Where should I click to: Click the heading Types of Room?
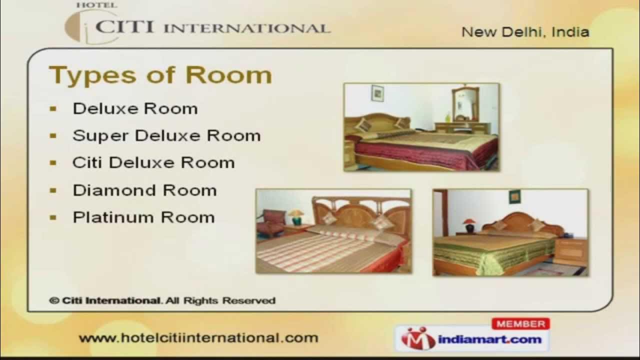coord(160,75)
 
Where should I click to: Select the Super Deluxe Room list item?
coord(166,135)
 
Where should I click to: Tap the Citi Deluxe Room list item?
coord(153,162)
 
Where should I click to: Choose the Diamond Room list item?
coord(145,190)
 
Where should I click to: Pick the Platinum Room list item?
coord(143,217)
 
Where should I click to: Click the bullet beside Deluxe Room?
coord(53,108)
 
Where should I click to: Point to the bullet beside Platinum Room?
coord(53,217)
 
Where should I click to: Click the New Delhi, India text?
coord(525,32)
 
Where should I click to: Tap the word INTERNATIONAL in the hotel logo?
coord(247,28)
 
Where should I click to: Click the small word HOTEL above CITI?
coord(96,5)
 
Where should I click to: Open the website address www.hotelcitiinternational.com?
coord(198,338)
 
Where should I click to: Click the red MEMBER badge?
coord(520,323)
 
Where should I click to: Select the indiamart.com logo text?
coord(489,339)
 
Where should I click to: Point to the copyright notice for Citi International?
coord(162,300)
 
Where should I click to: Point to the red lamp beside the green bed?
coord(469,225)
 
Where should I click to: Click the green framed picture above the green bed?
coord(514,197)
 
